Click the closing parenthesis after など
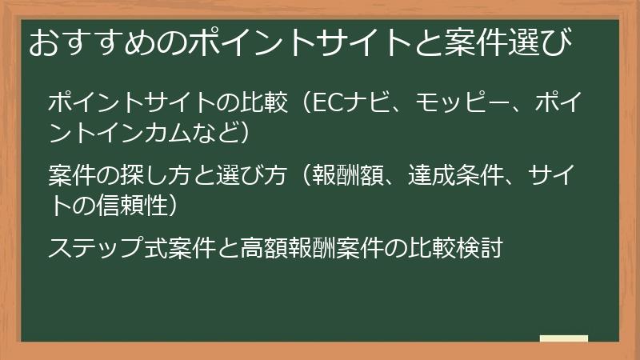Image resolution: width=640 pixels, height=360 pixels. tap(245, 130)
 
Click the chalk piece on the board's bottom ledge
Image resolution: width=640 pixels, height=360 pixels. tap(564, 338)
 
